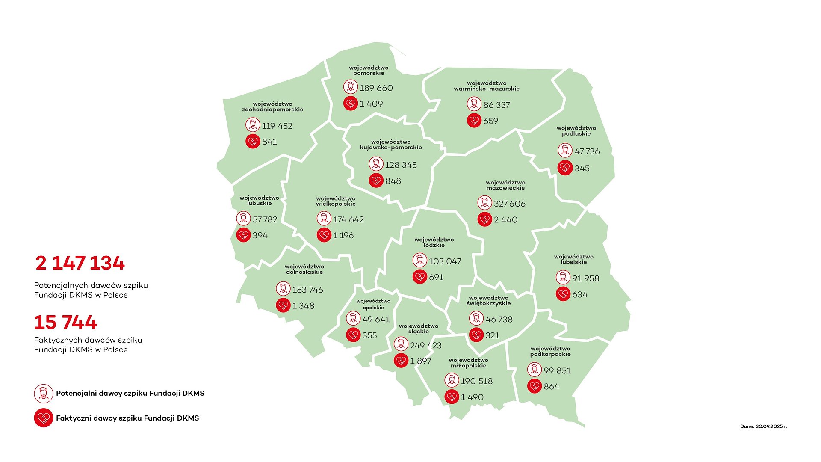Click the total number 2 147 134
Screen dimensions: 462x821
(80, 263)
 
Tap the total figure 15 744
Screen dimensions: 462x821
(65, 322)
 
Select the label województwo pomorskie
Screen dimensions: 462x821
(369, 71)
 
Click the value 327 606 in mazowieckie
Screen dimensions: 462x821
(509, 204)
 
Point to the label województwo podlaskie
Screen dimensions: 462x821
(576, 131)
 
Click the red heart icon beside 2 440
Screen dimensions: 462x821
(484, 219)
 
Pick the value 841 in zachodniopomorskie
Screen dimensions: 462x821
(269, 142)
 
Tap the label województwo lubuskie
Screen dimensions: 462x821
(259, 201)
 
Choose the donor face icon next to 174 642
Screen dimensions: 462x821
(324, 219)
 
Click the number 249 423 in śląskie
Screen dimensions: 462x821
(425, 345)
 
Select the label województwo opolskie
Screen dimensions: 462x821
(373, 304)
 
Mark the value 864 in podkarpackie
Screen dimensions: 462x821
(551, 387)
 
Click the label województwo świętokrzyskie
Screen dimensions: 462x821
(488, 301)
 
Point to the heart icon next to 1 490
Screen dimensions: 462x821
(452, 397)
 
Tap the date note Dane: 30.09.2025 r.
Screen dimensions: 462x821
(763, 426)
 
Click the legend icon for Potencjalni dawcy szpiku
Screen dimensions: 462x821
(43, 393)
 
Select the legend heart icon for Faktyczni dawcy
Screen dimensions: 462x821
(43, 418)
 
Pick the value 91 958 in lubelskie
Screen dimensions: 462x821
(585, 278)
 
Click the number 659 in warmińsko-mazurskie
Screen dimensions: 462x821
(490, 121)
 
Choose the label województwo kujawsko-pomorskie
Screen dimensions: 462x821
(391, 145)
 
